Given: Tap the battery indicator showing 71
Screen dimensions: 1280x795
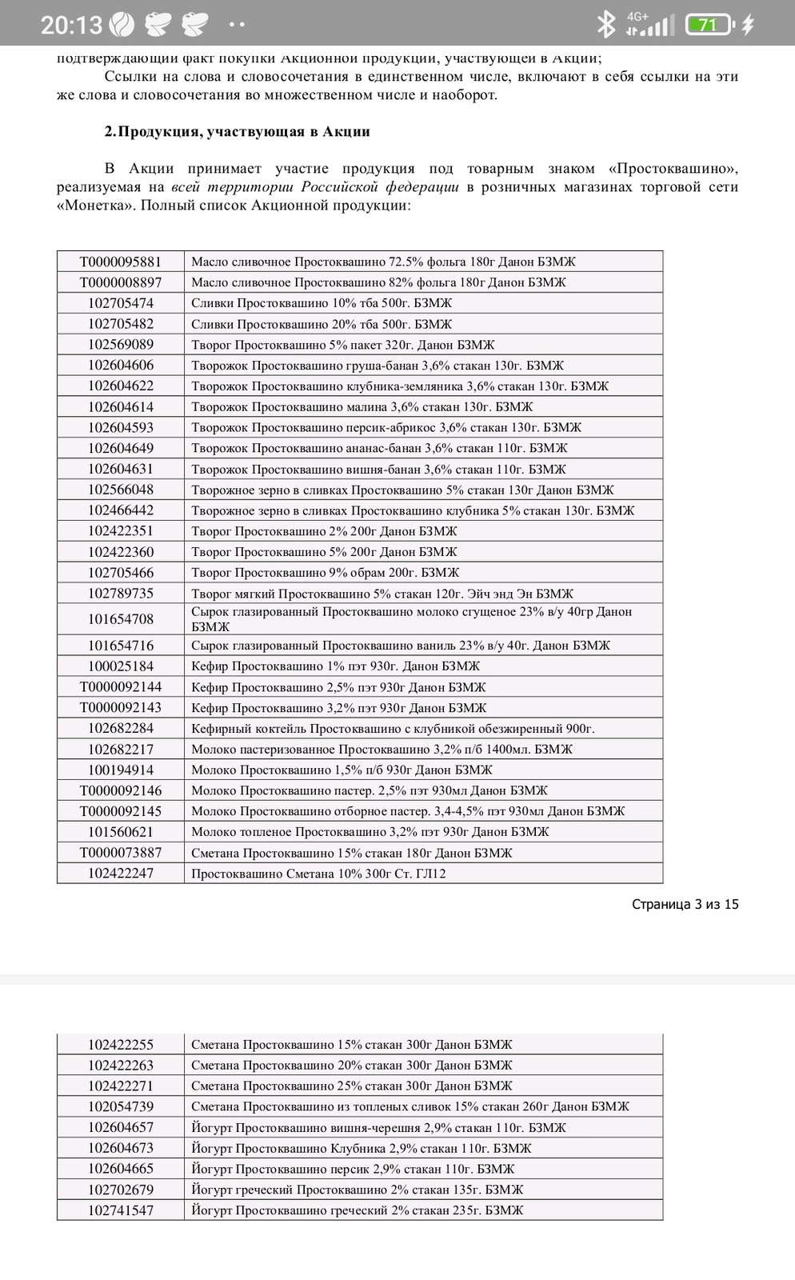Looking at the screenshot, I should (x=708, y=25).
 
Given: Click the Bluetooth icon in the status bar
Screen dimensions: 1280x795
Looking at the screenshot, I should (x=605, y=25).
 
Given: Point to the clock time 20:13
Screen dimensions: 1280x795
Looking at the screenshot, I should (x=71, y=25).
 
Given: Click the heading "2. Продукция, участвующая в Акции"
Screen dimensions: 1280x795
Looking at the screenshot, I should (x=237, y=131).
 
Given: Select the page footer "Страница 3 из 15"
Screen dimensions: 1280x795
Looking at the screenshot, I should (x=685, y=904).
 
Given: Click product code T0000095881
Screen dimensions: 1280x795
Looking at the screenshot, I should (x=120, y=262).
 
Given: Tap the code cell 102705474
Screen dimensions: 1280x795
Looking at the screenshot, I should (x=120, y=303).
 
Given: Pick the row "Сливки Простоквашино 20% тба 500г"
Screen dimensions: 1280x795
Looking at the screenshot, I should (x=322, y=324).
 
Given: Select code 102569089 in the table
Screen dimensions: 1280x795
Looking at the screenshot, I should (x=120, y=345).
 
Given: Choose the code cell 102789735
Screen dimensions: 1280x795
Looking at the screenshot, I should (x=120, y=594).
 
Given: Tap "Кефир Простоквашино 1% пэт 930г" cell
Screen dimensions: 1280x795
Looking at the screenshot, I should (x=335, y=666).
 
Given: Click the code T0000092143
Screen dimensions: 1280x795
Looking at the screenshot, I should (x=120, y=708).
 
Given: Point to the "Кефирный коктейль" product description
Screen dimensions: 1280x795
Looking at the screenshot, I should (x=393, y=729).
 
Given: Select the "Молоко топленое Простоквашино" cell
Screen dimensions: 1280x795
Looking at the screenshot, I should (x=370, y=832).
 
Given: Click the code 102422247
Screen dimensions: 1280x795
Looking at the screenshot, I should (x=120, y=874).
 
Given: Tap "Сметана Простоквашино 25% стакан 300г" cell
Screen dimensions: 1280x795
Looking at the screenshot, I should (x=351, y=1086).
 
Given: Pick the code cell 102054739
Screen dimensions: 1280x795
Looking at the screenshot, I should (x=120, y=1106).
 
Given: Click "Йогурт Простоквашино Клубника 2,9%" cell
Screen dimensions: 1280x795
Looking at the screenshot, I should (x=362, y=1148).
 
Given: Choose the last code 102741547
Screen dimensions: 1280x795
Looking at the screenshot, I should (x=120, y=1210).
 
